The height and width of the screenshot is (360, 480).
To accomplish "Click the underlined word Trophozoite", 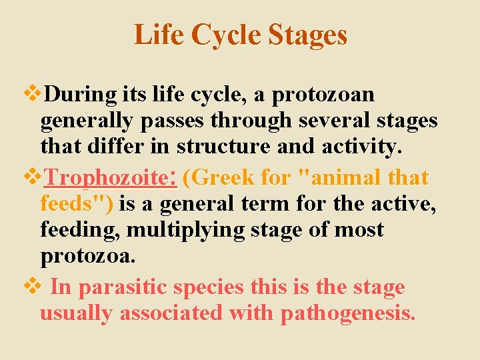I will pos(110,178).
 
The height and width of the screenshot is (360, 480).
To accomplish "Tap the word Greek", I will pos(223,178).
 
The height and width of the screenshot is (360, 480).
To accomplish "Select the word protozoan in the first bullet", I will pos(332,95).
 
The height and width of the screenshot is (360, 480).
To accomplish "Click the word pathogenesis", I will pos(348,313).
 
